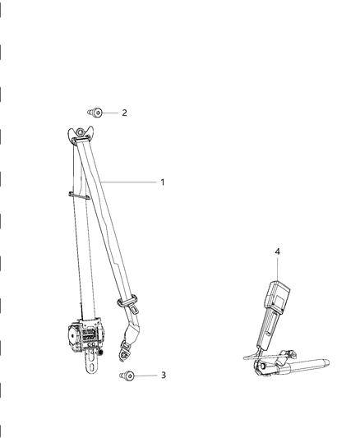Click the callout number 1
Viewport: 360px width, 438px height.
pyautogui.click(x=163, y=182)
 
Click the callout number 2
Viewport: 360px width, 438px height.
pyautogui.click(x=124, y=113)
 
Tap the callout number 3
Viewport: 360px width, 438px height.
pyautogui.click(x=163, y=375)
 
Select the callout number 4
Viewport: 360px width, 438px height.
pyautogui.click(x=277, y=252)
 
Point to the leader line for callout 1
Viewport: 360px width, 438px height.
pyautogui.click(x=132, y=182)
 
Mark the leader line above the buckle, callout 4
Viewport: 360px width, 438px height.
pyautogui.click(x=277, y=267)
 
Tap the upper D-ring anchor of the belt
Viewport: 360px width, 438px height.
pyautogui.click(x=81, y=134)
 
